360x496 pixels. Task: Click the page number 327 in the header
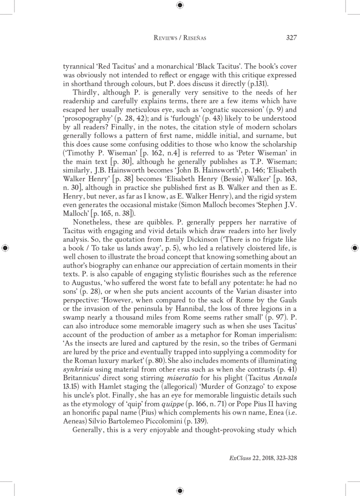click(291, 38)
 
